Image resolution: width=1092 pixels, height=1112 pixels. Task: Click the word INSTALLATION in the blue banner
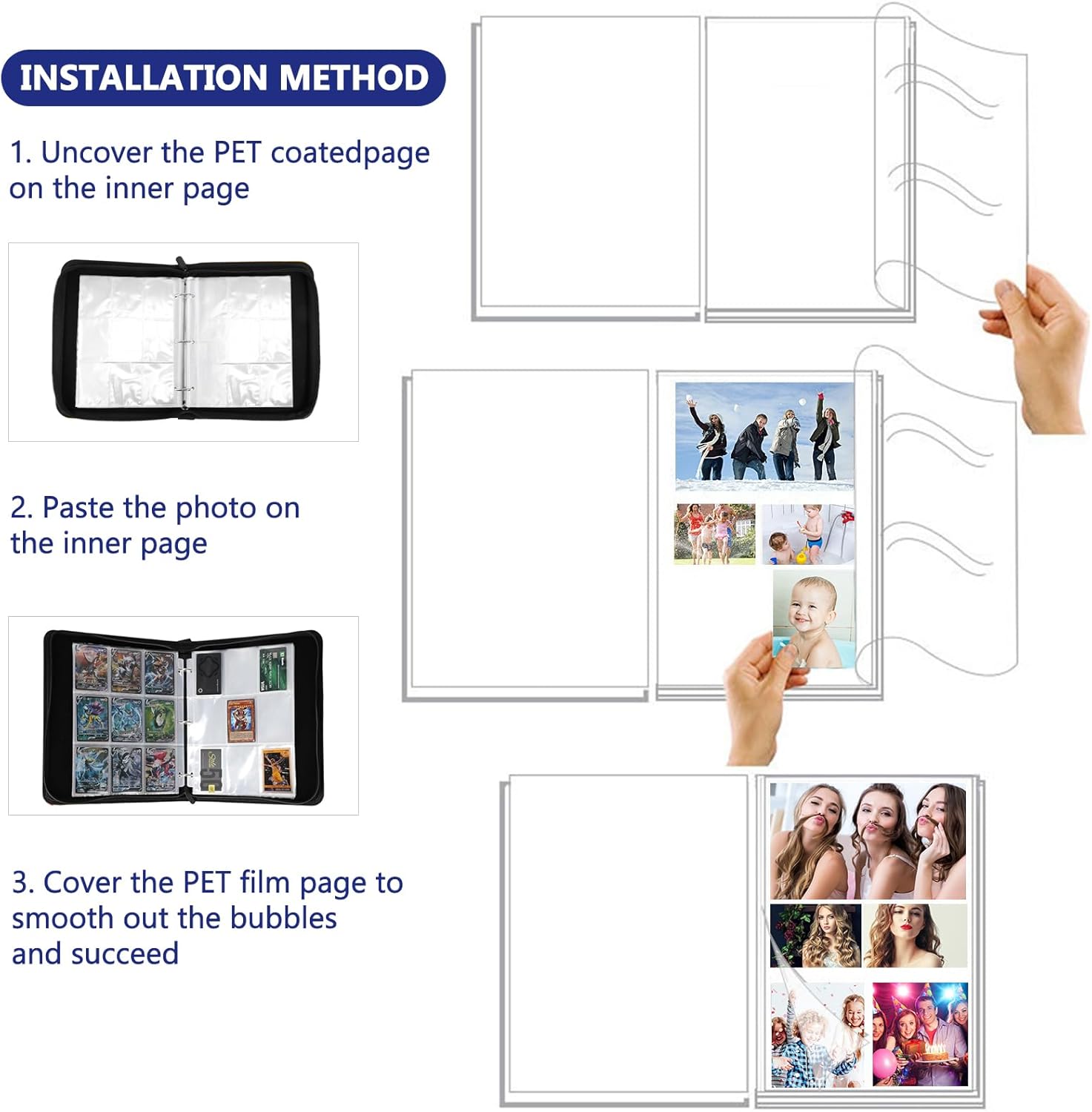143,78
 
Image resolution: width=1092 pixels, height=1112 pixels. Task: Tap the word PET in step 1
237,153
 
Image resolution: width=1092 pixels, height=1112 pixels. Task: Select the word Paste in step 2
79,508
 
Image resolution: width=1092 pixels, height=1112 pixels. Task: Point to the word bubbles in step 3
283,918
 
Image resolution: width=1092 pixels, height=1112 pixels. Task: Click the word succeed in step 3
125,954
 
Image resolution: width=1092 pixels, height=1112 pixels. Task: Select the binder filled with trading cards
183,717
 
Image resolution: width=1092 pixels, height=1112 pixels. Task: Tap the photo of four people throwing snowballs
764,436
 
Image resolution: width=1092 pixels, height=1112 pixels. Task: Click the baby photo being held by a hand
813,618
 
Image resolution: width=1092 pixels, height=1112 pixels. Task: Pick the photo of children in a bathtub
807,535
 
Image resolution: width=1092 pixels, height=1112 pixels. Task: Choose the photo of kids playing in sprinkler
715,535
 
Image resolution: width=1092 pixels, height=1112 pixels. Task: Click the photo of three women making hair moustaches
868,841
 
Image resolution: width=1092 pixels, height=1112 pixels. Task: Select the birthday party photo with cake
920,1035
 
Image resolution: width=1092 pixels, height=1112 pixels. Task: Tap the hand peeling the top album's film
1038,348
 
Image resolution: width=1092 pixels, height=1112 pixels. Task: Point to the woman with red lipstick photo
916,936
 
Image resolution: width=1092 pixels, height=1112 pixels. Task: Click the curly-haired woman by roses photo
815,936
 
